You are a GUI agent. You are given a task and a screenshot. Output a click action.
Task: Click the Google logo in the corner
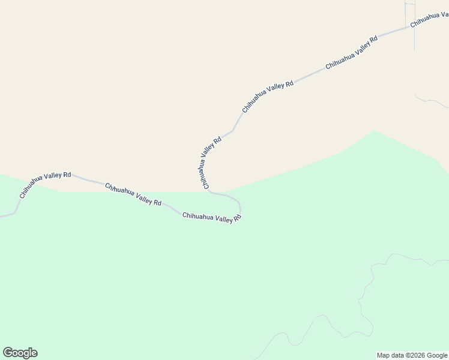[x=20, y=353]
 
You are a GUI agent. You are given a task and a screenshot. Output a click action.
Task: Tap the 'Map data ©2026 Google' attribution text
[x=412, y=355]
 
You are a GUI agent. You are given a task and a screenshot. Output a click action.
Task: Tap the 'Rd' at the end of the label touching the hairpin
[x=237, y=218]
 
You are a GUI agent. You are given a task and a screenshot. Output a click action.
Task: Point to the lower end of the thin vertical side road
[x=414, y=50]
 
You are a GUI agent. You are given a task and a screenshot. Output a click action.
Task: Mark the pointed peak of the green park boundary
[x=375, y=131]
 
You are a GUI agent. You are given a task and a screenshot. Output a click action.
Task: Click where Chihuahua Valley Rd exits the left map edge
[x=1, y=216]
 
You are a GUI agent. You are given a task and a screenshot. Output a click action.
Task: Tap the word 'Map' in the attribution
[x=384, y=355]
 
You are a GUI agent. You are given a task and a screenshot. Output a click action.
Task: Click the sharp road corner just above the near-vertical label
[x=233, y=130]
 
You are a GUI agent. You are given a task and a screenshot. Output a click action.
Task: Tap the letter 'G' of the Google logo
[x=8, y=353]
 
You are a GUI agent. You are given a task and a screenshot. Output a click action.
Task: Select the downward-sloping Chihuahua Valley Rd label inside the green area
[x=133, y=194]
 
